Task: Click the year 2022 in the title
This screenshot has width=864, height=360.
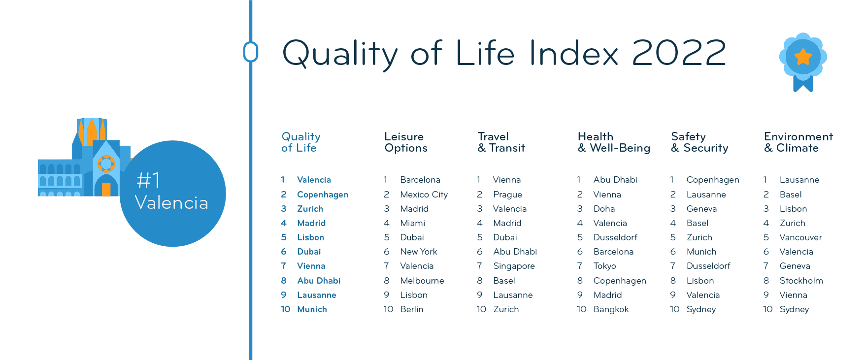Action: point(679,53)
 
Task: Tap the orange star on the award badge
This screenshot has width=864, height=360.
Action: point(803,57)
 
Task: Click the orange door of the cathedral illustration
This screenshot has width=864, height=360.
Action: point(106,190)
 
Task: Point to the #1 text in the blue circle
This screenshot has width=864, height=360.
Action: point(148,181)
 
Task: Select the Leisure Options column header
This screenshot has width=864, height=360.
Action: point(406,142)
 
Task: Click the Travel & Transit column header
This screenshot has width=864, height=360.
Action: point(501,142)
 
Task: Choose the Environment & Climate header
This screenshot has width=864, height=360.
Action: point(798,142)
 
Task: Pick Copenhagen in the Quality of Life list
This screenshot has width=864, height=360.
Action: point(323,195)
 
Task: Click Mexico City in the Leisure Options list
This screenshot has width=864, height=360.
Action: point(424,195)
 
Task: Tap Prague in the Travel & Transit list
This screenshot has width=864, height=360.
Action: point(507,195)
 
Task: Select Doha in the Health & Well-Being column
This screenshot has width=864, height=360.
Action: point(604,209)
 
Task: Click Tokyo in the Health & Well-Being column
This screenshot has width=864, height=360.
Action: point(604,266)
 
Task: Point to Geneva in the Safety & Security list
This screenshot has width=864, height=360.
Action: point(701,209)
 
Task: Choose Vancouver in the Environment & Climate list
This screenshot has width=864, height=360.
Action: point(800,237)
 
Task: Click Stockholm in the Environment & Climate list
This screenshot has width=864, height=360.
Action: point(801,281)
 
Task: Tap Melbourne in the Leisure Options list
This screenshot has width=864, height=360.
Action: point(422,281)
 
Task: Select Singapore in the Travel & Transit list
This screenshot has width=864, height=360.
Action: point(514,266)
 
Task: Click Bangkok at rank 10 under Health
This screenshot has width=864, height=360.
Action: point(611,309)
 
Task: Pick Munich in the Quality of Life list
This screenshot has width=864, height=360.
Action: point(312,309)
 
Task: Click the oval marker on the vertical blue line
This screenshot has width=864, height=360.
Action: point(251,52)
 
